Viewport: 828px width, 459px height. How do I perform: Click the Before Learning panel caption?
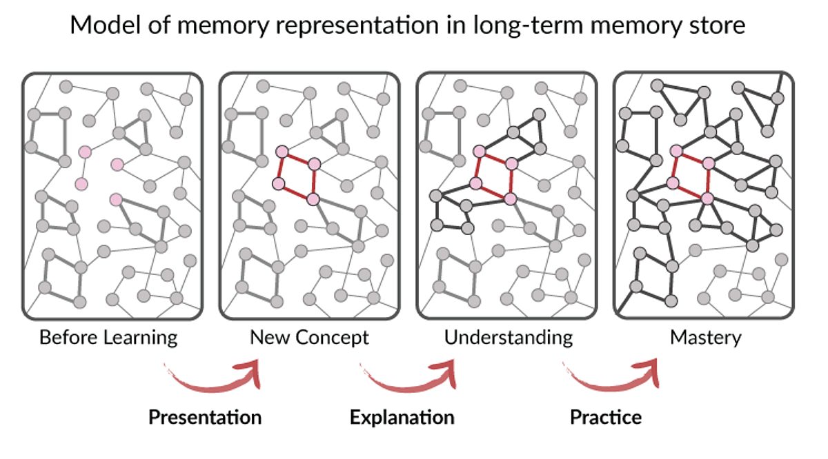pyautogui.click(x=108, y=338)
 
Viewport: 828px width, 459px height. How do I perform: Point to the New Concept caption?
pyautogui.click(x=309, y=338)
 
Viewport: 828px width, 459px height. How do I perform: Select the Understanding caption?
pyautogui.click(x=509, y=338)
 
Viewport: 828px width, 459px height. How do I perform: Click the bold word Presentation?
pyautogui.click(x=206, y=417)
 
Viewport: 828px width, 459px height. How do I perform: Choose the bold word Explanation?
pyautogui.click(x=402, y=417)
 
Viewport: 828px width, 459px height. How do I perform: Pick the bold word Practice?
pyautogui.click(x=605, y=417)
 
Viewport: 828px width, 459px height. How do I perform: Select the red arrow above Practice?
pyautogui.click(x=614, y=376)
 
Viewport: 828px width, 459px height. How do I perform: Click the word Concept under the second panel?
pyautogui.click(x=332, y=338)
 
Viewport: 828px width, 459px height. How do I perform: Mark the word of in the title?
pyautogui.click(x=153, y=26)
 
